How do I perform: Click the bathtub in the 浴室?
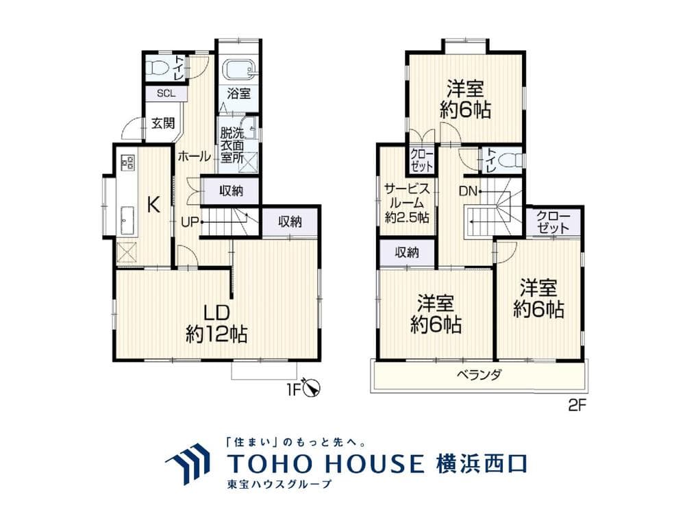pos(239,69)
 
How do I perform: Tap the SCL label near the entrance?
pos(164,94)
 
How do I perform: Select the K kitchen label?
pos(155,204)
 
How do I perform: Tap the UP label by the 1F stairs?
pos(190,222)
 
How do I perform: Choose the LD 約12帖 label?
pos(216,323)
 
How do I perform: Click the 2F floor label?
pos(577,405)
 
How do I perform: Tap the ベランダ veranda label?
pos(480,375)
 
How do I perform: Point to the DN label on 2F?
pos(468,191)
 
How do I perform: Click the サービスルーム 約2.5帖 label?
pos(407,203)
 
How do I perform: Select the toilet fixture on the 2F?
pos(508,160)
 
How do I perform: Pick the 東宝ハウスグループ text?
pos(278,485)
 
